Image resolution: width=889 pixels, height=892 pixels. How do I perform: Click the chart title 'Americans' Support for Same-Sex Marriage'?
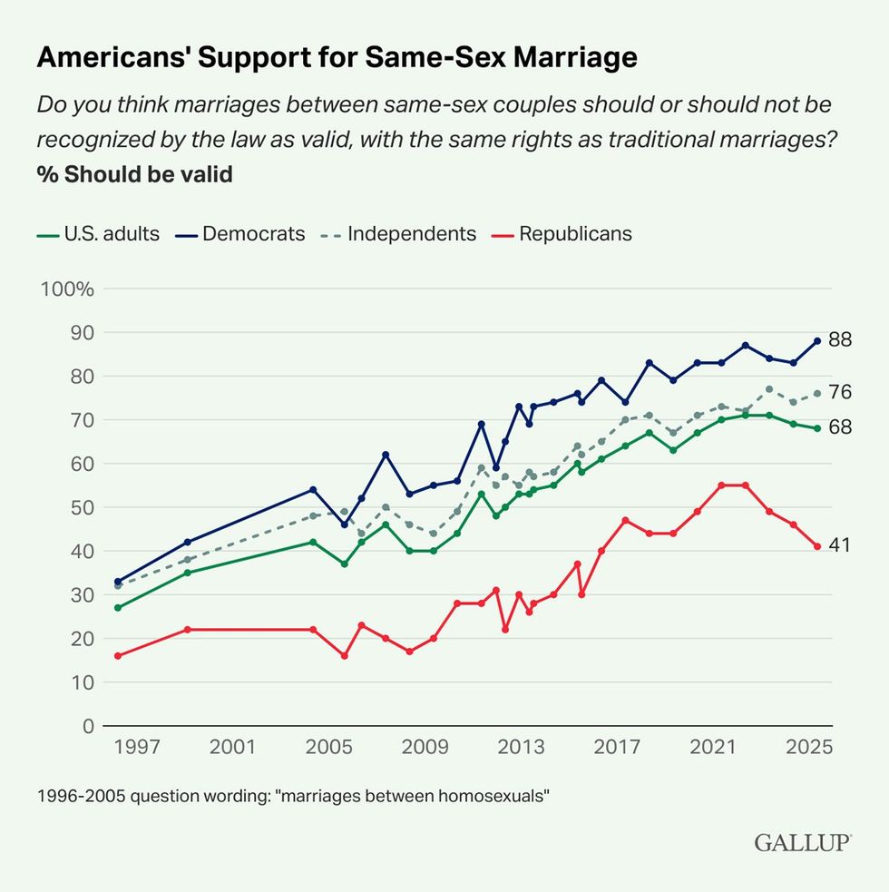point(337,57)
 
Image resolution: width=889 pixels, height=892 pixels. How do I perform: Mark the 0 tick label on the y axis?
point(88,726)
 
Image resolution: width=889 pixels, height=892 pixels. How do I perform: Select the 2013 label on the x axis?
point(521,748)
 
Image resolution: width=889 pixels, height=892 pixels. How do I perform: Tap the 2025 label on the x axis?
point(809,748)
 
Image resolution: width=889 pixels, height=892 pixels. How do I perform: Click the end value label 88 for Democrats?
point(840,339)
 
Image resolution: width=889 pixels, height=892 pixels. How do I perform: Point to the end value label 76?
point(840,392)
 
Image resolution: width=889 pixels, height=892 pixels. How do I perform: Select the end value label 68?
point(840,426)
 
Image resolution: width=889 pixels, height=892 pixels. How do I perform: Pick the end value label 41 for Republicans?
point(840,544)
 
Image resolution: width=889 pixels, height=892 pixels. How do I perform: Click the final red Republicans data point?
point(816,546)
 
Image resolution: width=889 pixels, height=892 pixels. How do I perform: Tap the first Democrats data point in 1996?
point(117,582)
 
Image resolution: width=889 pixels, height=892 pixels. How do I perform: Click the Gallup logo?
point(802,843)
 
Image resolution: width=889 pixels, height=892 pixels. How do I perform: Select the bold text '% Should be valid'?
point(134,173)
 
